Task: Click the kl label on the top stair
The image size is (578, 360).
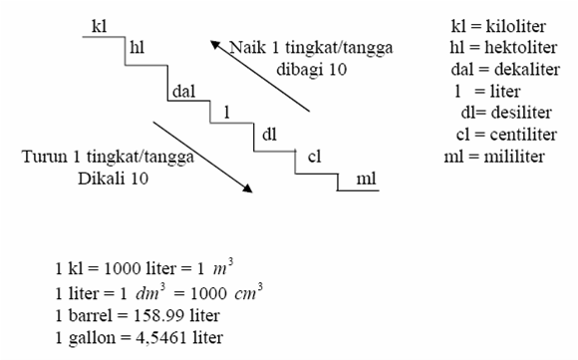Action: (98, 25)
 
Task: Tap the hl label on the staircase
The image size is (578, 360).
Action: (139, 46)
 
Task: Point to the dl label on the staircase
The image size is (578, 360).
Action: (269, 133)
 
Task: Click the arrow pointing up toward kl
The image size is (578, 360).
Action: (260, 76)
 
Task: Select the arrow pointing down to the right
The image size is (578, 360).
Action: (200, 156)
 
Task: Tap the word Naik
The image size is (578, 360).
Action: (247, 47)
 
